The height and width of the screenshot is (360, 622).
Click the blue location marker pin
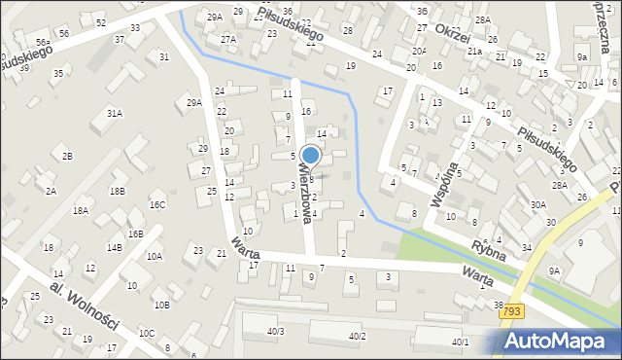point(311,157)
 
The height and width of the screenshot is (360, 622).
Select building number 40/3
point(275,332)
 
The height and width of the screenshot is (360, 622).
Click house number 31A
point(115,114)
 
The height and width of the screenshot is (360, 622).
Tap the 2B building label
point(67,156)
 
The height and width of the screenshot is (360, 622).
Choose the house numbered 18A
point(81,209)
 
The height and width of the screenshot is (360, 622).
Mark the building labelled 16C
point(156,204)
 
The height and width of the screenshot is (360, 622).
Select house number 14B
point(115,248)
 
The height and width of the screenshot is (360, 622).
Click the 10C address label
point(146,333)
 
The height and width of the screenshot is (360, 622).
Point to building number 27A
point(227,39)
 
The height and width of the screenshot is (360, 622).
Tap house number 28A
point(559,184)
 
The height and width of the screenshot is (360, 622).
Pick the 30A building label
point(537,204)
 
